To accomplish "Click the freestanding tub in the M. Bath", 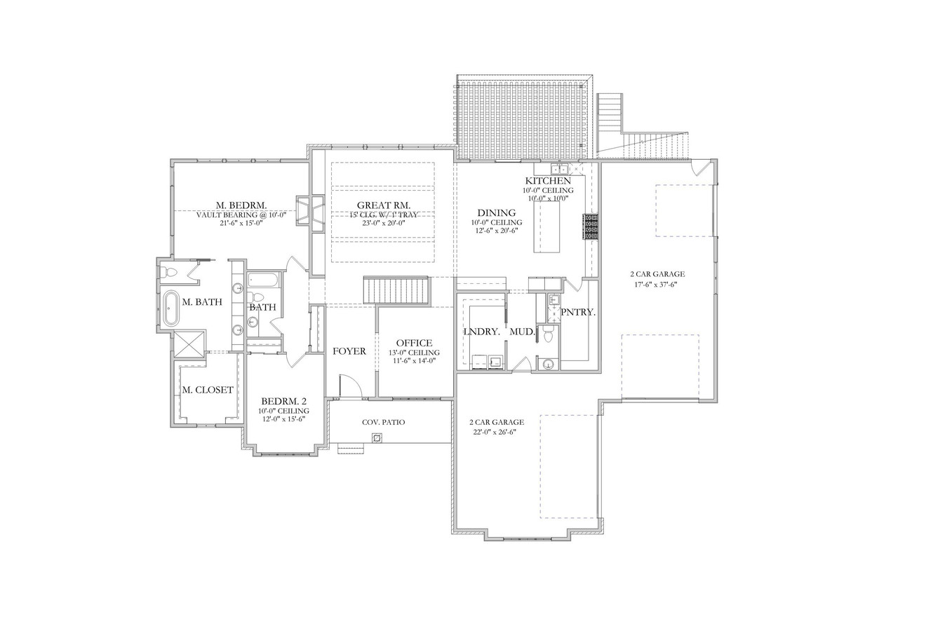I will [x=170, y=309].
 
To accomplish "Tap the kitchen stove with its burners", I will [x=591, y=227].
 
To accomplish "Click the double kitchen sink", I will [x=559, y=169].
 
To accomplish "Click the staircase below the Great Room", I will [x=396, y=290].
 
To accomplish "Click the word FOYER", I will [x=349, y=351].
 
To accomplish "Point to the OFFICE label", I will [x=414, y=343].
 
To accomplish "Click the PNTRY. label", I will [x=578, y=312].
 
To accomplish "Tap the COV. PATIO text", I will [x=383, y=422].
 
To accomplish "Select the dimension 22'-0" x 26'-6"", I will [x=497, y=432].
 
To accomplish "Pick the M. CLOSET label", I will [x=207, y=390].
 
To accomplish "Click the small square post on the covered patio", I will [x=377, y=438].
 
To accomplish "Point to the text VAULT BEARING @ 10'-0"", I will [x=241, y=215].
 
